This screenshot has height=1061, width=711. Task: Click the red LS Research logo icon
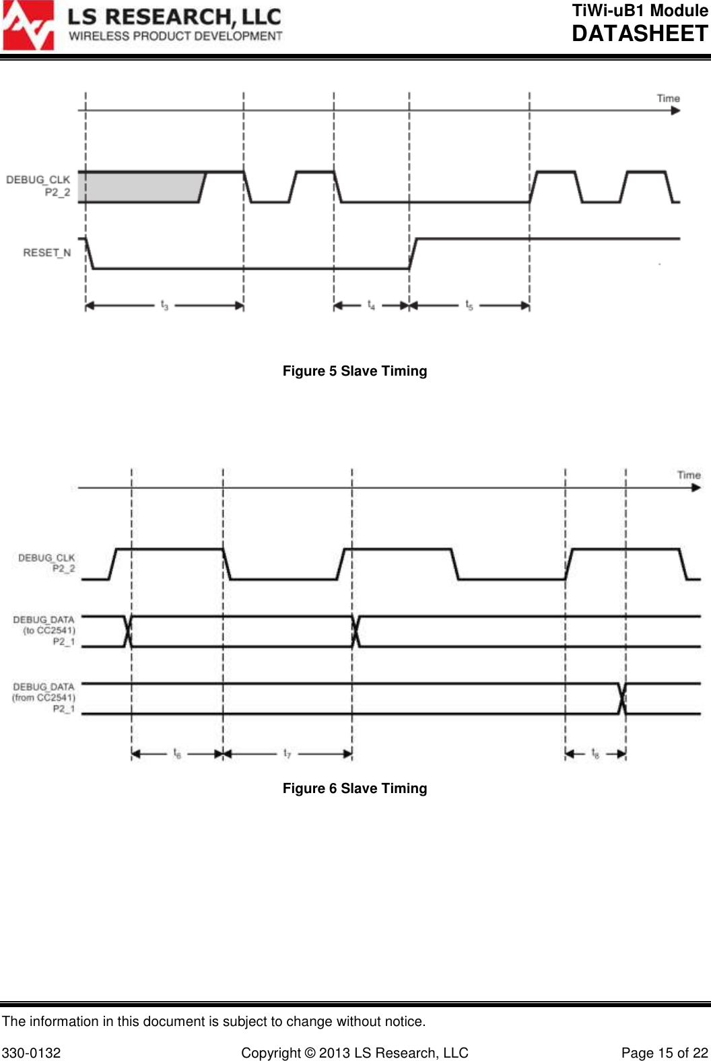28,26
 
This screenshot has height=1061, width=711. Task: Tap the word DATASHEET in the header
640,34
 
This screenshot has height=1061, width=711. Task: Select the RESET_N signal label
46,252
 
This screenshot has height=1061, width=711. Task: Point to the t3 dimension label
164,306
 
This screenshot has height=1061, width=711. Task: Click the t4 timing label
371,306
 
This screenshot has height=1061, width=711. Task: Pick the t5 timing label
469,306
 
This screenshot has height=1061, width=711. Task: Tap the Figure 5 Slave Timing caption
355,371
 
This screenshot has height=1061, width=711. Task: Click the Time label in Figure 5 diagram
668,98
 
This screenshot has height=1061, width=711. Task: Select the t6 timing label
177,753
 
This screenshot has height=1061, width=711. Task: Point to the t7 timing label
287,753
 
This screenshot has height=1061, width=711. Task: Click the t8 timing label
595,753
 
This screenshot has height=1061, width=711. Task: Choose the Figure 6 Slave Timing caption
355,788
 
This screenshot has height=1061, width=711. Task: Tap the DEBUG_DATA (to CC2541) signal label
44,631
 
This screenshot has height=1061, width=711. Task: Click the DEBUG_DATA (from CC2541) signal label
44,698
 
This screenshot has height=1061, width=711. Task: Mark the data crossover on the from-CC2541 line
623,698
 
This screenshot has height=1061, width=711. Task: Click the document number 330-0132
32,1053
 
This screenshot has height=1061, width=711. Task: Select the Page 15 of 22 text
665,1053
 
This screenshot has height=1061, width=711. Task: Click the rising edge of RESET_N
414,253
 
